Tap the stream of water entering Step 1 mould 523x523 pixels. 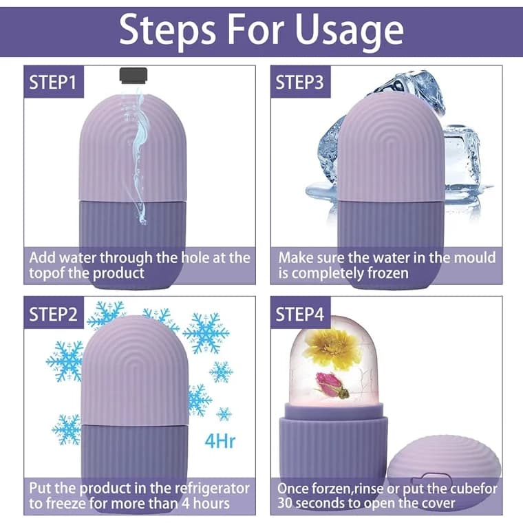point(140,158)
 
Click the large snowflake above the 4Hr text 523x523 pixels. point(206,333)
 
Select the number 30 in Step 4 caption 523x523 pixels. point(285,503)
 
